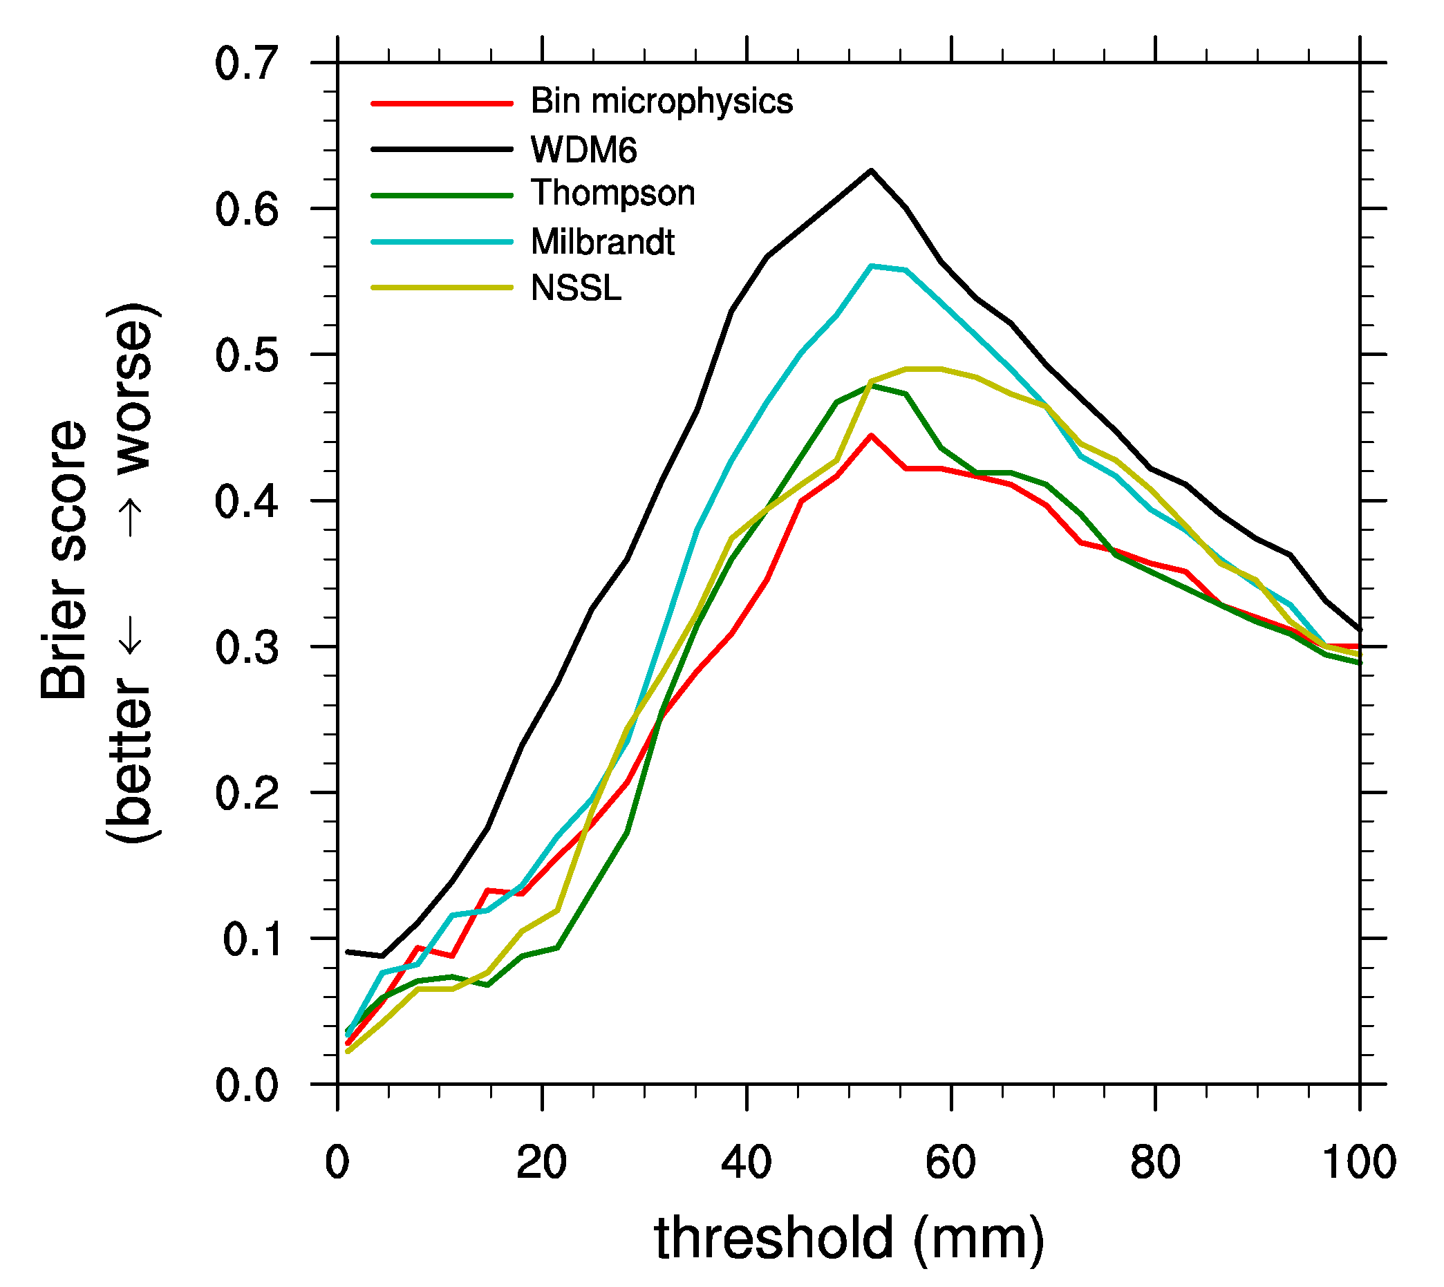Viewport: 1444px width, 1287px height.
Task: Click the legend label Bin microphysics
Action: tap(662, 102)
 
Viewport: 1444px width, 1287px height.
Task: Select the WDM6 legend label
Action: tap(583, 150)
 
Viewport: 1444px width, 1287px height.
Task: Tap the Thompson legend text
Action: tap(612, 193)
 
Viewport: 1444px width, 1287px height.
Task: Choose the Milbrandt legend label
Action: tap(603, 243)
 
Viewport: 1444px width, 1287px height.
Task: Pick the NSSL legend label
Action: tap(576, 288)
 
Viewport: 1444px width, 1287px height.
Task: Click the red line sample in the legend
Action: tap(441, 104)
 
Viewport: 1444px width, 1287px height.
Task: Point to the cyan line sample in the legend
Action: tap(441, 243)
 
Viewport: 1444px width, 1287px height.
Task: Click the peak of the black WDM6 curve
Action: tap(870, 171)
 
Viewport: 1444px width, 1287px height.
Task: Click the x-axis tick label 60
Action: tap(950, 1163)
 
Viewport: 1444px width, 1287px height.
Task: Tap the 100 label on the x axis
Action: tap(1358, 1163)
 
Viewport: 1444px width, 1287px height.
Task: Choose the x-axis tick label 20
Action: tap(541, 1163)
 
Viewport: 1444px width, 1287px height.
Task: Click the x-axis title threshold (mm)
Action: tap(849, 1239)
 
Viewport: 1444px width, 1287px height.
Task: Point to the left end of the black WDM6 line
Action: tap(347, 952)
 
